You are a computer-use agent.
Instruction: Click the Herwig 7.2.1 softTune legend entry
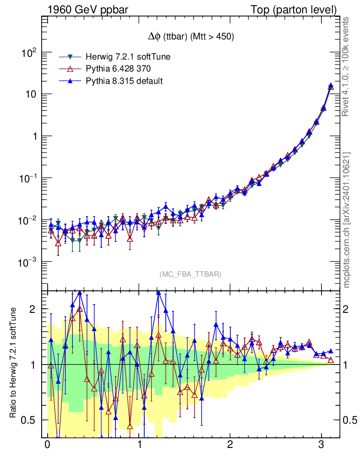coord(128,57)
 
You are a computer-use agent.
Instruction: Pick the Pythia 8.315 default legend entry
coord(124,81)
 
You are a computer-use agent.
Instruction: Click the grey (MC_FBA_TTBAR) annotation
coord(190,274)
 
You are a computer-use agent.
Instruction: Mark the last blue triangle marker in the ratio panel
coord(331,351)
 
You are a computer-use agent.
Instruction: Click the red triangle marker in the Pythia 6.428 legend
coord(70,69)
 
